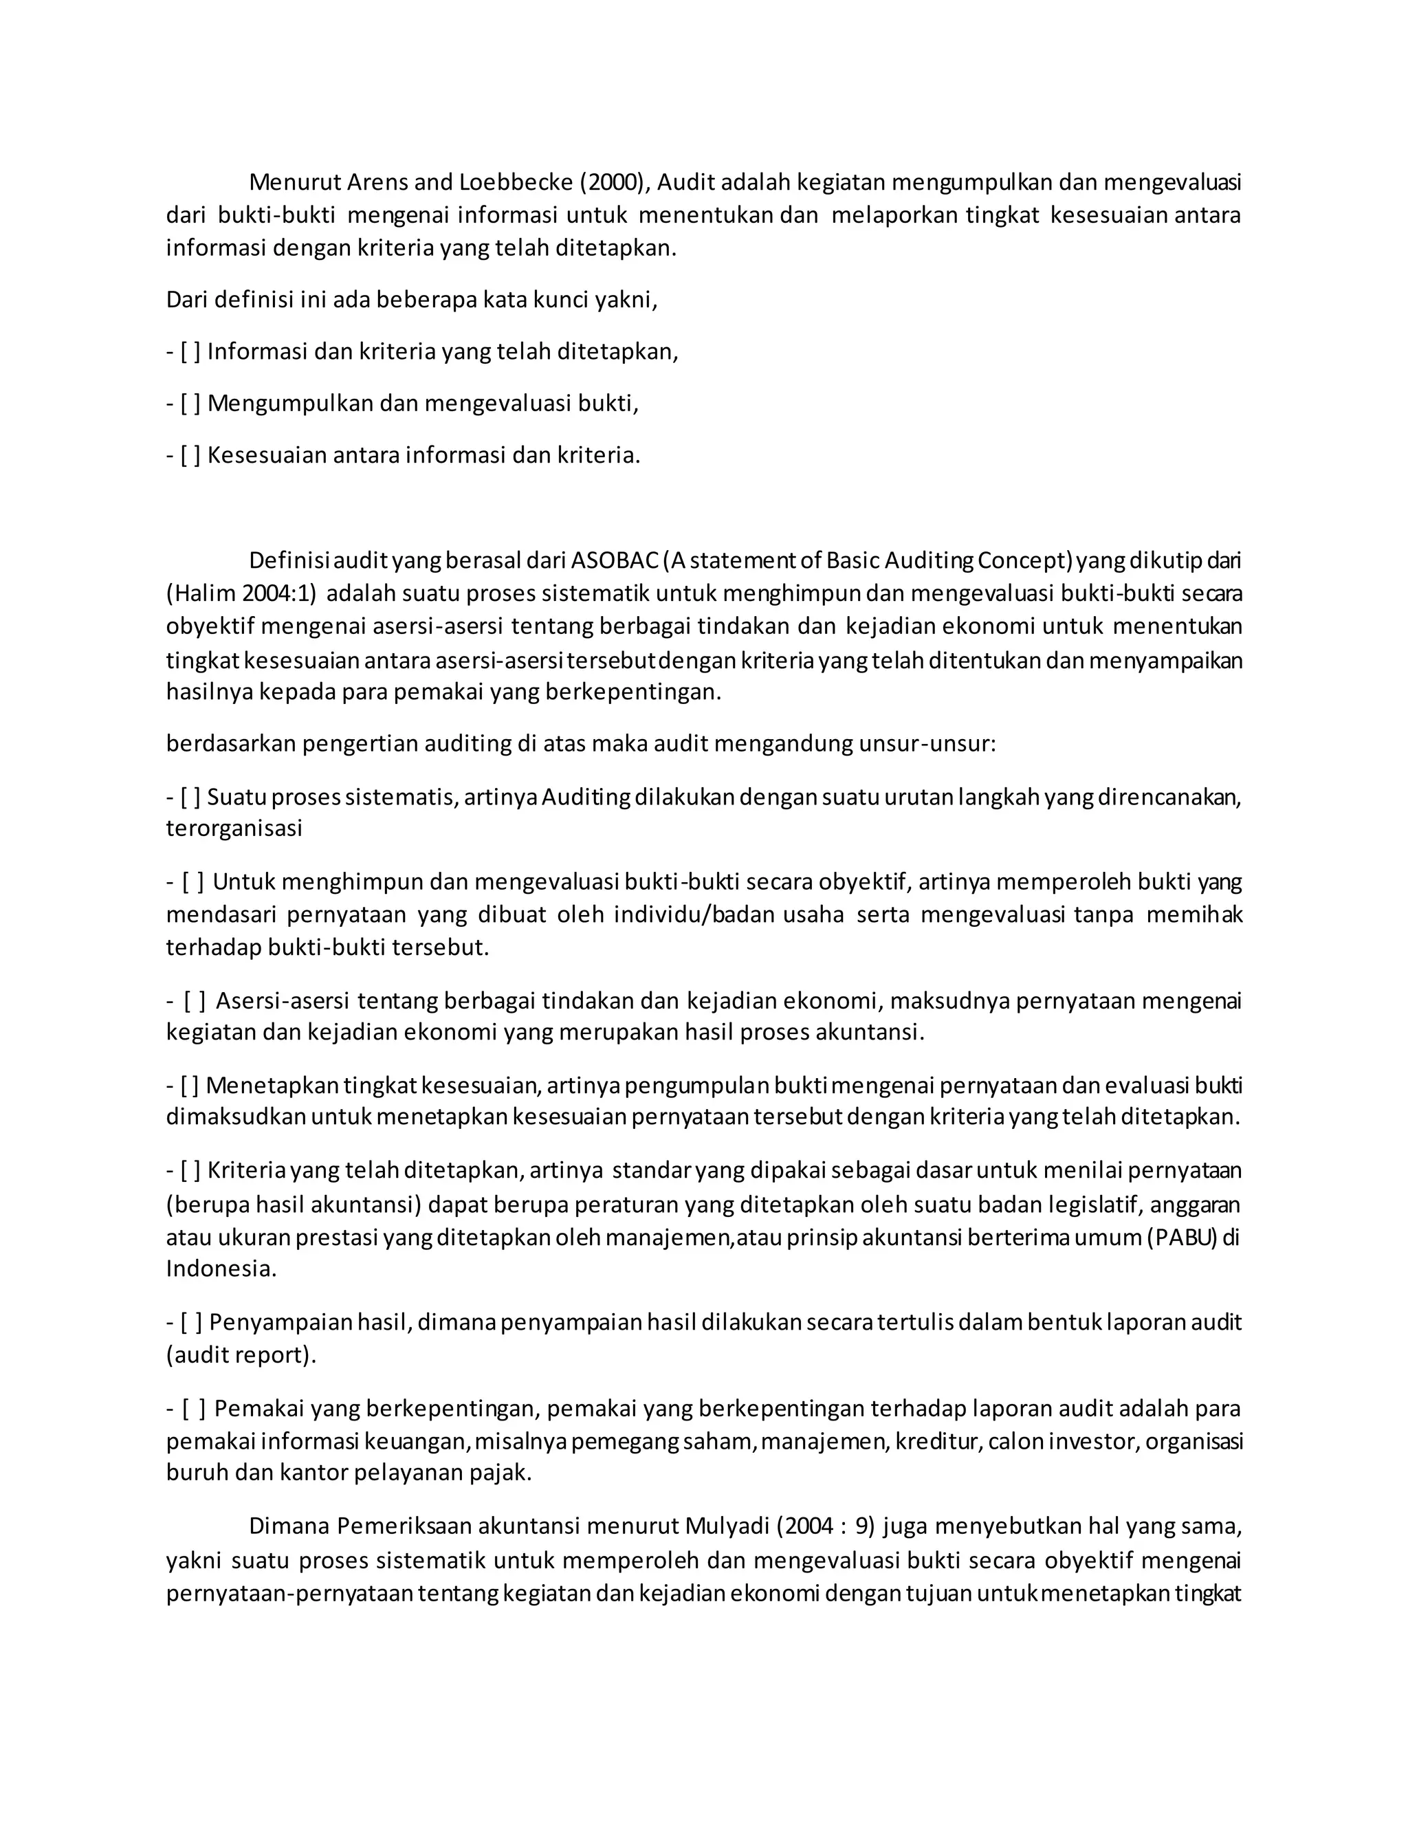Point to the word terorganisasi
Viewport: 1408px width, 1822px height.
234,828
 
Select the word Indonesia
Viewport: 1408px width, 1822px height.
219,1269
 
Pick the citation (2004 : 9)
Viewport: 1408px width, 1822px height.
826,1526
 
